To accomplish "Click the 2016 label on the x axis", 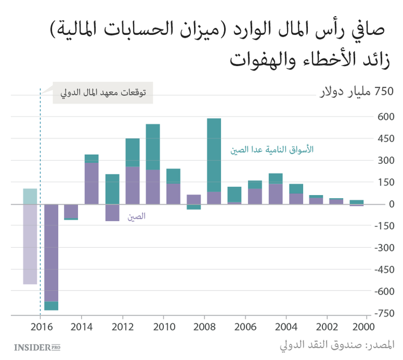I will click(x=41, y=327).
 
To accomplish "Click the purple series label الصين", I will click(x=136, y=217).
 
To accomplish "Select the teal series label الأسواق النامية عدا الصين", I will click(x=272, y=150).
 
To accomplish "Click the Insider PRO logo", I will click(x=37, y=346).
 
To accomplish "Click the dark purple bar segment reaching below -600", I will click(x=51, y=253).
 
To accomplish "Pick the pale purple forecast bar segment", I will click(x=30, y=244).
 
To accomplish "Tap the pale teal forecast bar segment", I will click(x=30, y=196).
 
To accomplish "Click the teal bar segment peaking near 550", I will click(x=153, y=147).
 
